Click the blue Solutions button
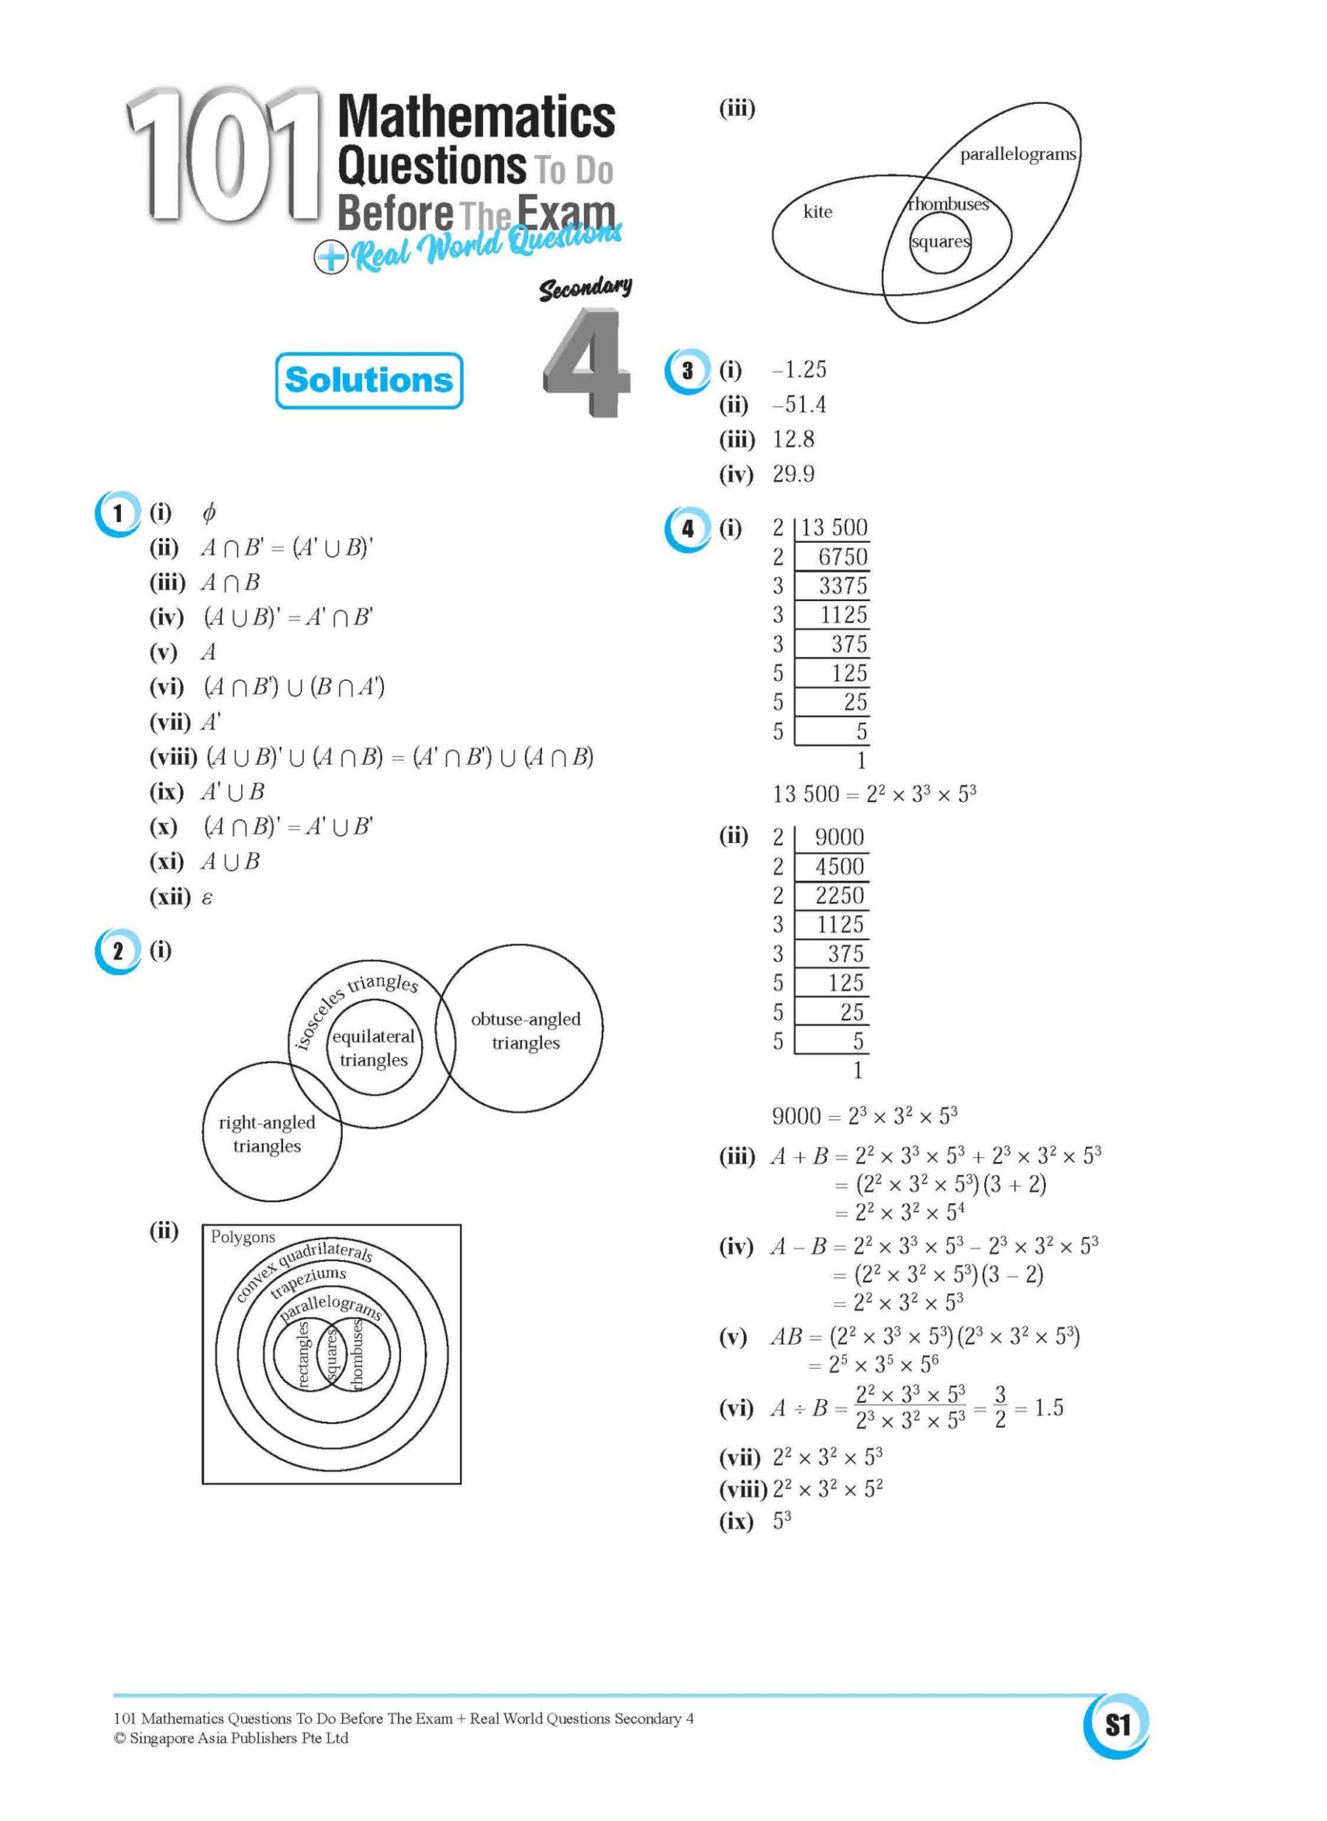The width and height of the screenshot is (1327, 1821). [369, 380]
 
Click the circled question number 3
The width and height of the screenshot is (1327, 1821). [688, 371]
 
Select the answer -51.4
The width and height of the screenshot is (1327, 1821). [798, 405]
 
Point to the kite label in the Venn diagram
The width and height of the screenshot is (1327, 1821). [818, 212]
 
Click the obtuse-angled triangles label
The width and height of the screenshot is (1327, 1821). [526, 1031]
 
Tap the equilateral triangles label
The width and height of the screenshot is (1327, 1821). [374, 1048]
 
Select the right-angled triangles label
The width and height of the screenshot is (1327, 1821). [267, 1134]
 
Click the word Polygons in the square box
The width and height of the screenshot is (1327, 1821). [243, 1237]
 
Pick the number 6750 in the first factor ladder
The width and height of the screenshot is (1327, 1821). [842, 557]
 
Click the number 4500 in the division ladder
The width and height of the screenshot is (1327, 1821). [840, 867]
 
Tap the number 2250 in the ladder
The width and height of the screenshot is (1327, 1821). [840, 896]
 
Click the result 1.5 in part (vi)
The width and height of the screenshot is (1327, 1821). [1048, 1408]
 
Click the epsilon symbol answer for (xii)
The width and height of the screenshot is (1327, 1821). [207, 898]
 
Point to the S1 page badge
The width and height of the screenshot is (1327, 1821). [1118, 1724]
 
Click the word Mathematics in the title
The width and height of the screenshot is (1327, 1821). [476, 117]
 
